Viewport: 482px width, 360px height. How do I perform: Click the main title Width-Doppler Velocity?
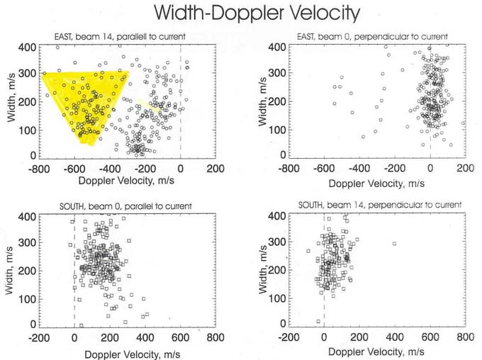pos(257,13)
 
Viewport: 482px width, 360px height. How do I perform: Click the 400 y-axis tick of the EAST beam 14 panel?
pos(28,47)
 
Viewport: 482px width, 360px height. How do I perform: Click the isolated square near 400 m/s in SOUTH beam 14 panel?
pos(394,244)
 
